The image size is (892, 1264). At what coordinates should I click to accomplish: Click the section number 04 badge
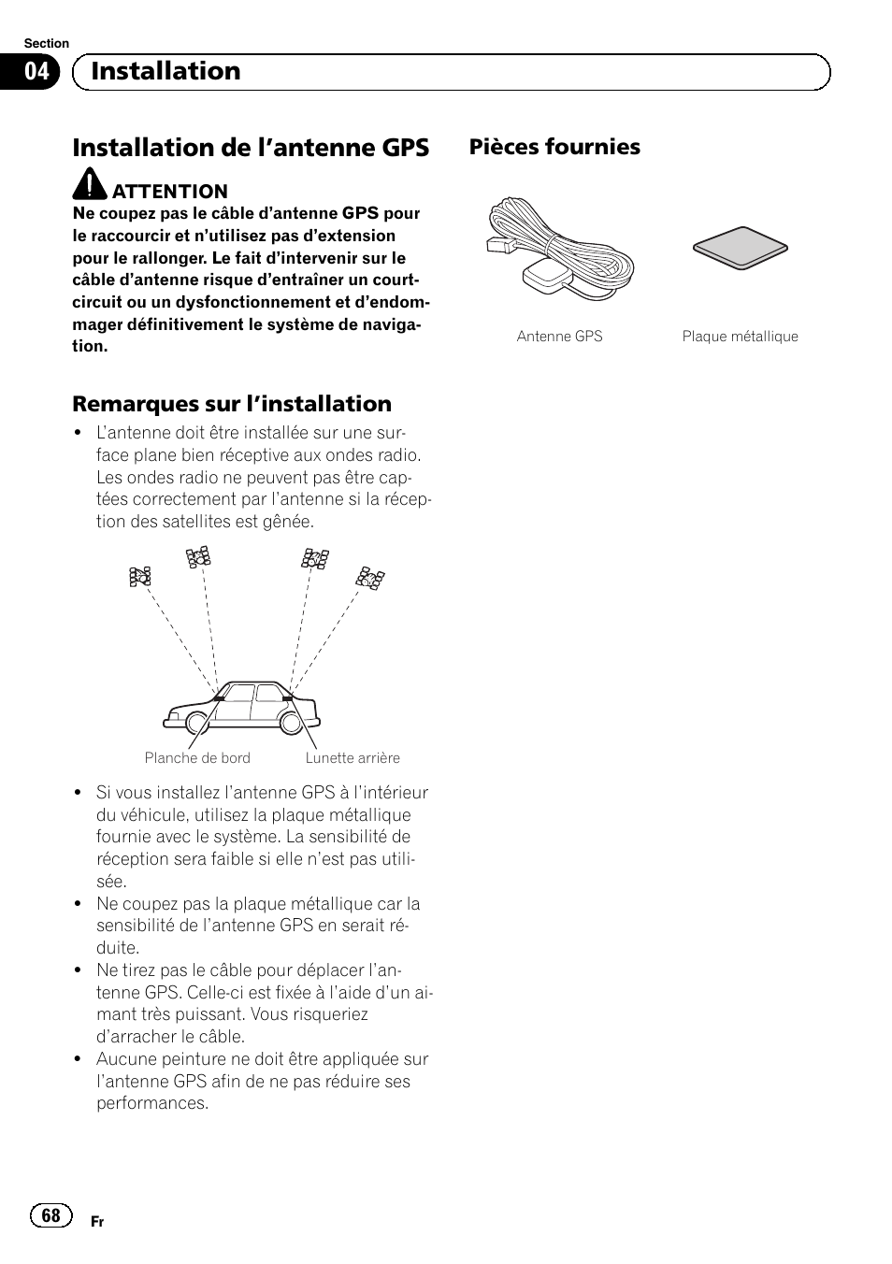point(36,72)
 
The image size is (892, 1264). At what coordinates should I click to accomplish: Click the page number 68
point(50,1214)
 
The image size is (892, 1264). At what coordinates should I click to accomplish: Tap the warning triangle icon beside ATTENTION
point(91,183)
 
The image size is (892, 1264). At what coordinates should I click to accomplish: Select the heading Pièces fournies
point(554,147)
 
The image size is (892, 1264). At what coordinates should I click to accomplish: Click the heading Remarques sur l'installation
point(232,404)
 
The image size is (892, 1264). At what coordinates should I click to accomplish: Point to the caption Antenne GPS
point(559,337)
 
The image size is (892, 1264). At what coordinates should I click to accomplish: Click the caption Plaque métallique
point(740,337)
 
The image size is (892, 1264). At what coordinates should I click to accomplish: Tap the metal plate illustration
point(741,248)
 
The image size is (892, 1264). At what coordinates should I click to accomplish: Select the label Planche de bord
point(197,758)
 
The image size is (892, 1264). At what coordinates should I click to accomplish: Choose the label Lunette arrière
point(352,758)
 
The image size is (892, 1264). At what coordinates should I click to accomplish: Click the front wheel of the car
point(197,723)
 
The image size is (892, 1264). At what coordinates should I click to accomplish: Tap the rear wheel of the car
point(291,723)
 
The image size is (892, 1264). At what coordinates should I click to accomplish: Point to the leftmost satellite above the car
point(140,576)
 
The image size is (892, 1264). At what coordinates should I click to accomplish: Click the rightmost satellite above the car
point(370,578)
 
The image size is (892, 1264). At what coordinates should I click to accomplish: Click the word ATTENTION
point(170,192)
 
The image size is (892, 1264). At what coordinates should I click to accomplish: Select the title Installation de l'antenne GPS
point(251,148)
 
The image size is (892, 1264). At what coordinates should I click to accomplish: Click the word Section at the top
point(47,44)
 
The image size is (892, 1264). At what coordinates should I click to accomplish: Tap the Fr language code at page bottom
point(97,1222)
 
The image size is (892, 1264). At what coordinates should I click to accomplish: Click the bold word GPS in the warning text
point(360,213)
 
